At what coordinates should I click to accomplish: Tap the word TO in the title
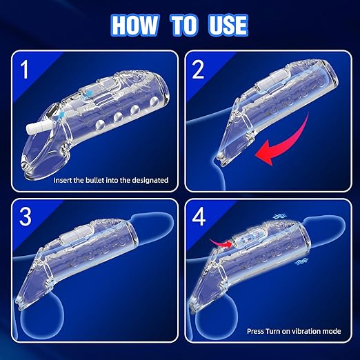(183, 26)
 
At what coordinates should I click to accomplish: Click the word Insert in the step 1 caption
(63, 180)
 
